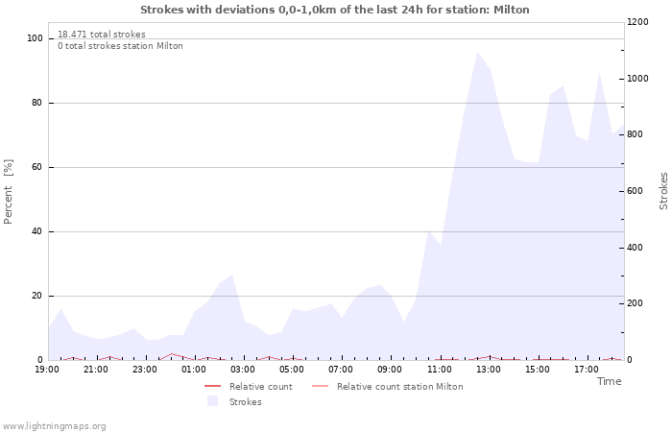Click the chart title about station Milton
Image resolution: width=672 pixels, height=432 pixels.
coord(334,10)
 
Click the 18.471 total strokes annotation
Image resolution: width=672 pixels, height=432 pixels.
coord(102,35)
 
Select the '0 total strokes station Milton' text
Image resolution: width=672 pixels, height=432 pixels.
coord(120,46)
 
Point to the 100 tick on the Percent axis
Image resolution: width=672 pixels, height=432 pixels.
coord(36,38)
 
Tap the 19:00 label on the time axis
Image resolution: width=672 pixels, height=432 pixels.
coord(48,369)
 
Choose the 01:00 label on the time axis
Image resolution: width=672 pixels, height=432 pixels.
coord(195,369)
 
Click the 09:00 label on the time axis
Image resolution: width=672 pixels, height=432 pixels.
coord(391,369)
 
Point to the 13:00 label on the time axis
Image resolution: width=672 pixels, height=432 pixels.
coord(489,369)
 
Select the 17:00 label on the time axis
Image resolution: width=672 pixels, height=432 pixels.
coord(587,369)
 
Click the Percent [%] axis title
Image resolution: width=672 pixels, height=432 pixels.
coord(9,192)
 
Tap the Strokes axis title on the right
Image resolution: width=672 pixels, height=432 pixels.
coord(663,191)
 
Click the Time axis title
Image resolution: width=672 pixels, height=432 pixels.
coord(609,381)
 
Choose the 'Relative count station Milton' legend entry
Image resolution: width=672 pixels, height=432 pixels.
coord(399,387)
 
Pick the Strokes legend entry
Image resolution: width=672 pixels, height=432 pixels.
coord(245,402)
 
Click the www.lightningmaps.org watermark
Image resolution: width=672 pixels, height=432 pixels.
coord(55,426)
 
